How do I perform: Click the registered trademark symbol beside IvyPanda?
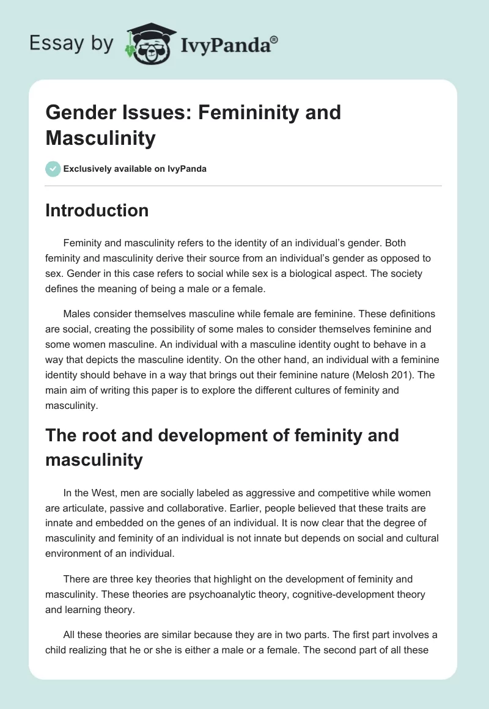coord(274,39)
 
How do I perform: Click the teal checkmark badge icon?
coord(53,169)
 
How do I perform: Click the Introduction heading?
coord(97,210)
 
